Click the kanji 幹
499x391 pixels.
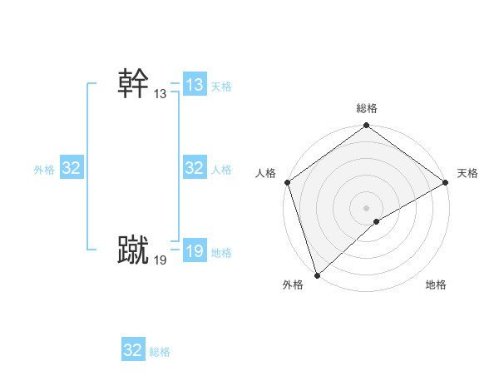click(133, 84)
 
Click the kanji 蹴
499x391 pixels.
click(133, 250)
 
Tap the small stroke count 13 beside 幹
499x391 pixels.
click(160, 95)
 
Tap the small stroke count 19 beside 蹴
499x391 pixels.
click(160, 260)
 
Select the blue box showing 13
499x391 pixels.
click(194, 85)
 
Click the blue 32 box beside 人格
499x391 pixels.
click(194, 168)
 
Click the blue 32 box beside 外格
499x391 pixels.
click(72, 168)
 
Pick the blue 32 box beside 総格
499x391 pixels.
click(133, 350)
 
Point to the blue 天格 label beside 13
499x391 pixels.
click(221, 87)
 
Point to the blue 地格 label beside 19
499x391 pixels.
click(221, 253)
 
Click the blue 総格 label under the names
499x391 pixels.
click(160, 352)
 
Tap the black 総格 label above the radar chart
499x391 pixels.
click(367, 108)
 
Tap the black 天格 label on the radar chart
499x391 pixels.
click(468, 173)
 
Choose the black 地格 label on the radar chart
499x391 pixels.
click(436, 285)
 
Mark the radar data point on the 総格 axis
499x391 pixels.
click(367, 126)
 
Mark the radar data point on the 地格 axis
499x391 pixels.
click(377, 221)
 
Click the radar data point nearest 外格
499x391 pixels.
click(316, 275)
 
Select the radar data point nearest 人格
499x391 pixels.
click(287, 182)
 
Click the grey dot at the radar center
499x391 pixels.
click(367, 207)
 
